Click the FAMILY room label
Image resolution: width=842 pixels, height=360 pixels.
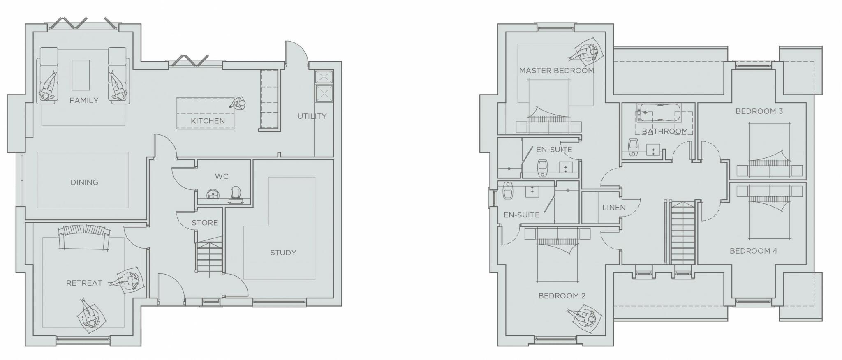pos(84,100)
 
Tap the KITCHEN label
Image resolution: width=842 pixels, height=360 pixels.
pos(208,121)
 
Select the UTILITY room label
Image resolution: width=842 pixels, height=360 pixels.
pos(312,116)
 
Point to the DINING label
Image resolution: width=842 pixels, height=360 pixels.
pos(84,182)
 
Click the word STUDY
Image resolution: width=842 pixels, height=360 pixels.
pos(283,253)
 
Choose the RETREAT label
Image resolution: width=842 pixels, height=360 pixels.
pos(84,283)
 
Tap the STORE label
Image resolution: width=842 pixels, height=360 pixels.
pos(205,223)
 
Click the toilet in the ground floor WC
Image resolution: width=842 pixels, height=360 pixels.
pos(236,193)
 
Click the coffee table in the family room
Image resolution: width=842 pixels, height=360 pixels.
pos(81,75)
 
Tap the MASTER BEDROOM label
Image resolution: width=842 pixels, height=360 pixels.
pos(556,71)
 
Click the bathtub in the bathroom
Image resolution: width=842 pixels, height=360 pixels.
pos(659,112)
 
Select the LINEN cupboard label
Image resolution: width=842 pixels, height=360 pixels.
pos(614,208)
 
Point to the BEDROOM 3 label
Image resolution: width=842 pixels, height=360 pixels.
pos(759,111)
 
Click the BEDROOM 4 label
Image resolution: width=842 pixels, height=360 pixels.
pos(753,251)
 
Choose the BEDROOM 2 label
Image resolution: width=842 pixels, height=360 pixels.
pos(562,296)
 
